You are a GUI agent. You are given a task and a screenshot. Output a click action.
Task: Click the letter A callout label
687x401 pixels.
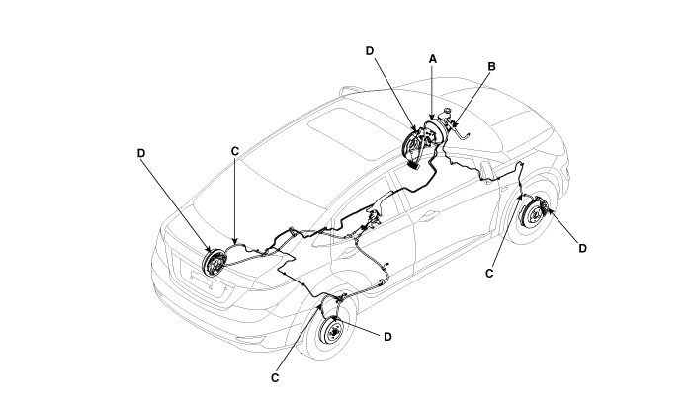pos(432,59)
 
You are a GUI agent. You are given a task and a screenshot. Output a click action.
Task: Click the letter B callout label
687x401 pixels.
pos(491,67)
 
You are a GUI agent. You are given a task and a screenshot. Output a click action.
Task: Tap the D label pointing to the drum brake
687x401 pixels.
pos(141,153)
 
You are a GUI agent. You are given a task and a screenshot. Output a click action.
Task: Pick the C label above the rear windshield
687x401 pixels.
pos(234,152)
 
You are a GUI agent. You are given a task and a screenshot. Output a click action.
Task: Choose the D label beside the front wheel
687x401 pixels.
pos(582,248)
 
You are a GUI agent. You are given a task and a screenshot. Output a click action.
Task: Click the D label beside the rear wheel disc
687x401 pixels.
pos(387,337)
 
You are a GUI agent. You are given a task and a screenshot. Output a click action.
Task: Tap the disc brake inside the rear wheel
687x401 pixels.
pos(333,332)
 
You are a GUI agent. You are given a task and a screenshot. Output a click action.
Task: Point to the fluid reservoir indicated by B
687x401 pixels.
pos(448,118)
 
